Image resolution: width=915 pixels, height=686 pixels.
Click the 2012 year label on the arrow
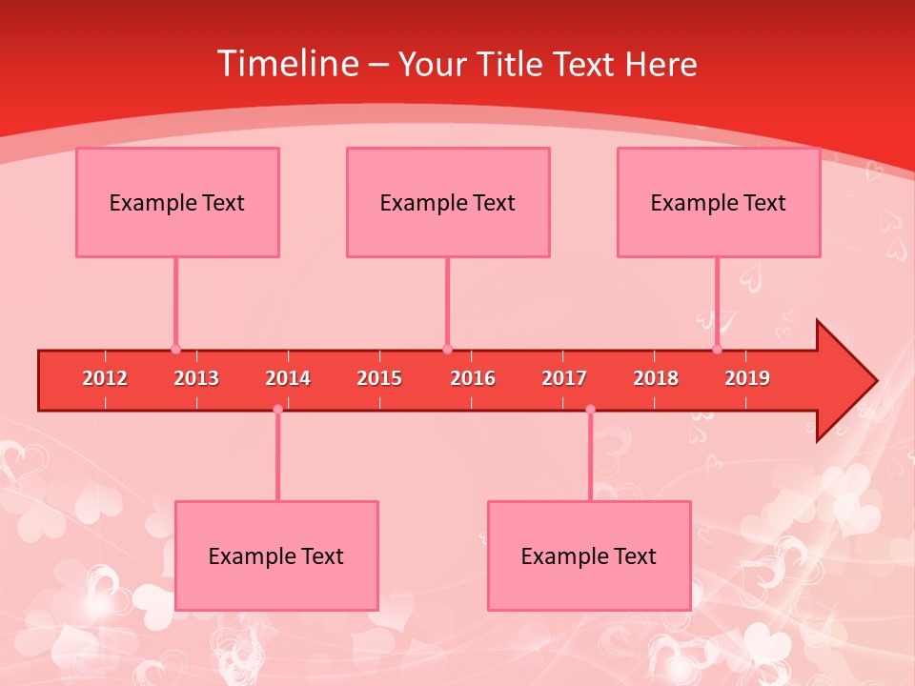tap(105, 378)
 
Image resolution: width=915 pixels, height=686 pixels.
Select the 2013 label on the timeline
tap(196, 378)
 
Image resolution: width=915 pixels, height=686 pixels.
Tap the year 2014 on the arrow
tap(288, 378)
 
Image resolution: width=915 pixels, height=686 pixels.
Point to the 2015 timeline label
tap(379, 378)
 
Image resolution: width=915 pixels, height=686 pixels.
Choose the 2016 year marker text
tap(473, 378)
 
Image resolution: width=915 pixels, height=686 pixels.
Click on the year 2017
tap(564, 378)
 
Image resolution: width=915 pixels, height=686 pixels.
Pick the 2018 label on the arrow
tap(656, 378)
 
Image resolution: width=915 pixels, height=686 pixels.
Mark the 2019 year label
tap(747, 378)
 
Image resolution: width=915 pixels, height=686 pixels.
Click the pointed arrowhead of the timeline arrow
tap(848, 381)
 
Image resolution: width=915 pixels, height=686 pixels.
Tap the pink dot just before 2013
tap(175, 350)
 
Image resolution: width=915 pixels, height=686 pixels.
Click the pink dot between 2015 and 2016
tap(447, 350)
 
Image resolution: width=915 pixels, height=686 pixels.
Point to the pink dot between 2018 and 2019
tap(718, 350)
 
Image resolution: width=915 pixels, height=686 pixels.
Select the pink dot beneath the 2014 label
tap(277, 410)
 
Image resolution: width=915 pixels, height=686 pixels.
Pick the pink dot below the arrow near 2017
tap(590, 410)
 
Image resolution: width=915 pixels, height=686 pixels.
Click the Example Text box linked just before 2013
tap(177, 202)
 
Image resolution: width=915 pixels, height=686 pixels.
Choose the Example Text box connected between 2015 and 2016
tap(448, 202)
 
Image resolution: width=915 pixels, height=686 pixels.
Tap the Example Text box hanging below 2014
tap(276, 555)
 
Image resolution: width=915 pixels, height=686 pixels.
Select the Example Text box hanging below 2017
tap(589, 555)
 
